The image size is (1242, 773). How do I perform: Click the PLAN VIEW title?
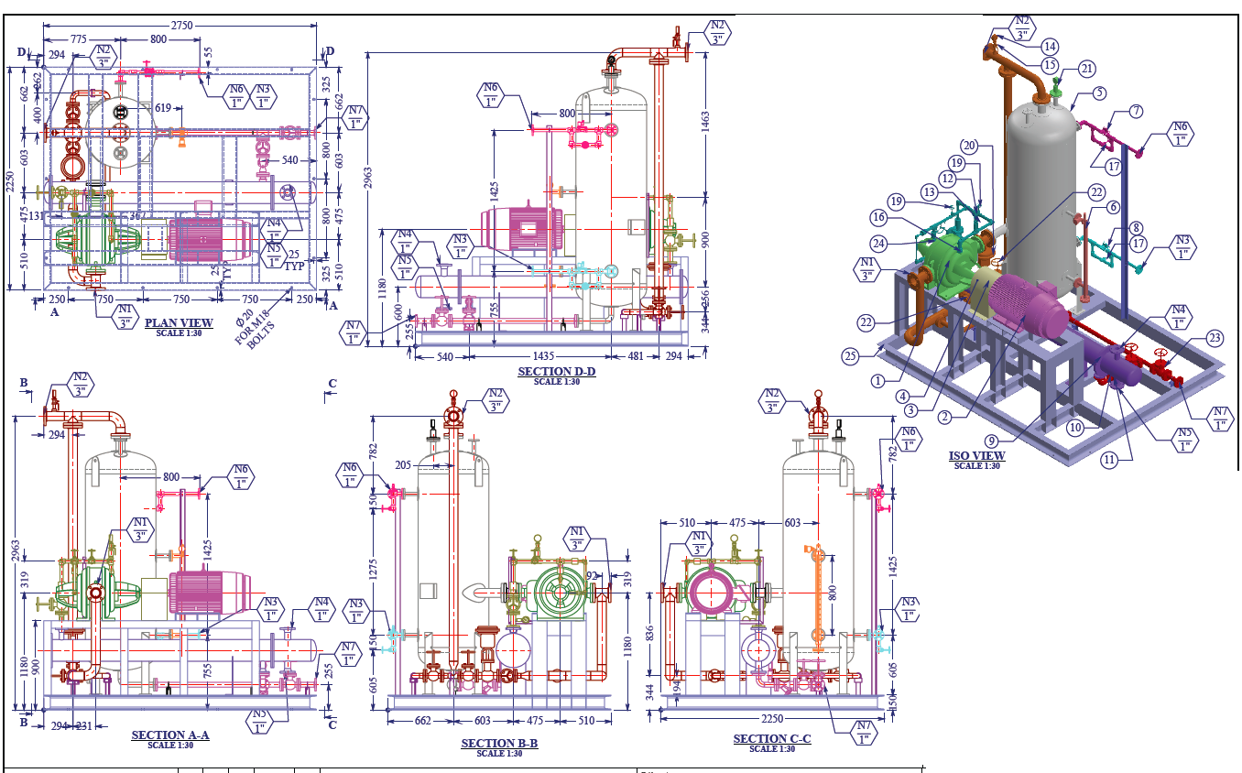179,323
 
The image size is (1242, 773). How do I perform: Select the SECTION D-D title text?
556,372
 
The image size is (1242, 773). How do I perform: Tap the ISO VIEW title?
977,456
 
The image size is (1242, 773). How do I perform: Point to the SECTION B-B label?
499,744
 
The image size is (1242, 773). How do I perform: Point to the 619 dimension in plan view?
162,108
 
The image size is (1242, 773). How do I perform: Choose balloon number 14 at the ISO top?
1050,46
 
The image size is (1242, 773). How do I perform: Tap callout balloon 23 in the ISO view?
1215,339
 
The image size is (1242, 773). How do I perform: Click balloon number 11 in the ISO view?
1109,460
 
